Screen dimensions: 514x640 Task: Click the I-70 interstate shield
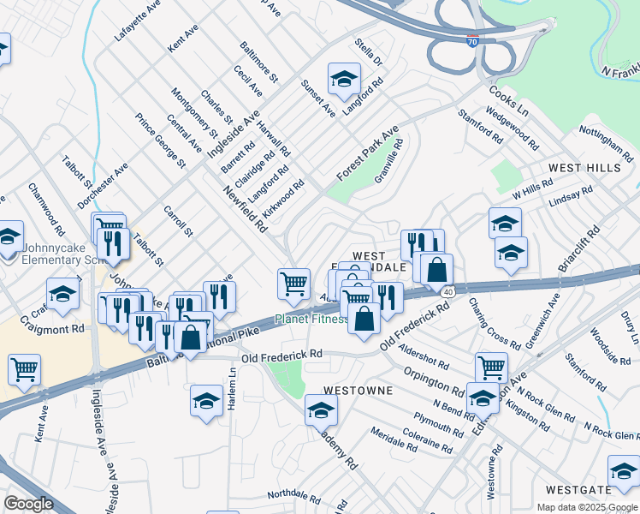point(472,40)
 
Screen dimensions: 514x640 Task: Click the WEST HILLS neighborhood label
point(584,168)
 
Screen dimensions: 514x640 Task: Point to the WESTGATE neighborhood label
point(579,490)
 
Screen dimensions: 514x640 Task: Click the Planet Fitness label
point(311,320)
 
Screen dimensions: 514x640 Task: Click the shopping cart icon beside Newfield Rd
point(293,283)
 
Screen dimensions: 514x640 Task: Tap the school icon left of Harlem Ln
point(206,401)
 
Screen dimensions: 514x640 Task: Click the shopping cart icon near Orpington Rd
point(491,368)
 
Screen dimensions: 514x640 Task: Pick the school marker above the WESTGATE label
point(624,471)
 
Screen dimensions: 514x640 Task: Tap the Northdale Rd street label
point(293,496)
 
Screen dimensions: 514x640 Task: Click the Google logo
point(29,504)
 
